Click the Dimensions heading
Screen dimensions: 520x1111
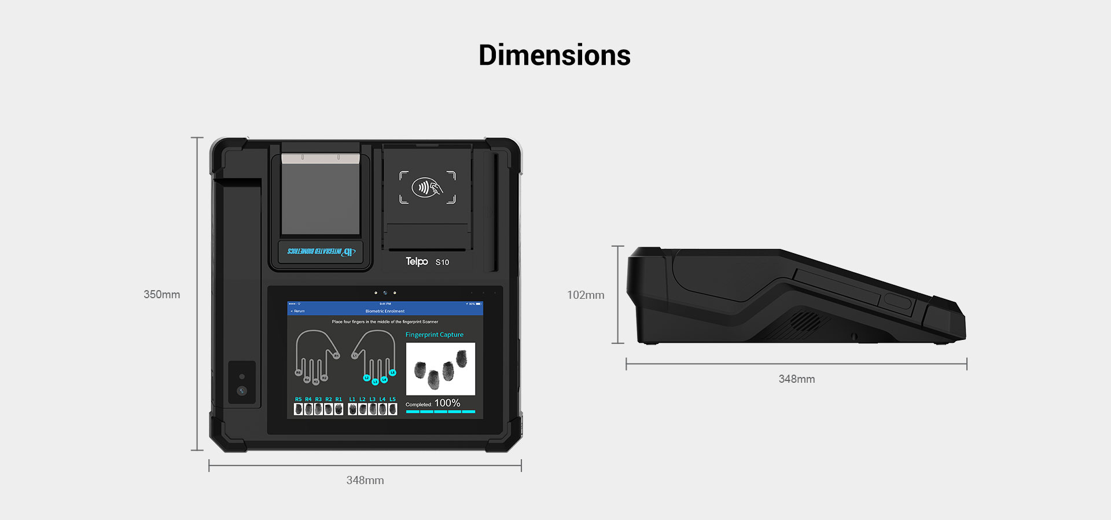[x=554, y=56]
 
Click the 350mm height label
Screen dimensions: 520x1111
[x=162, y=295]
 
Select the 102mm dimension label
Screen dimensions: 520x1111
[x=586, y=295]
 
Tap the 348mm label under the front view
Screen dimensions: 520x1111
[x=365, y=481]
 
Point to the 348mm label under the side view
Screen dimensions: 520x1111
[x=797, y=379]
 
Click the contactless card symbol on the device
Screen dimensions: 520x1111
[x=427, y=187]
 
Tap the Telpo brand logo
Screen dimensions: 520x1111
[x=417, y=262]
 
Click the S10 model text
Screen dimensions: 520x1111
[x=442, y=262]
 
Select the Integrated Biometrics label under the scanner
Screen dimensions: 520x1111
[x=321, y=251]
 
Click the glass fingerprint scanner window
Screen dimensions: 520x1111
[x=321, y=197]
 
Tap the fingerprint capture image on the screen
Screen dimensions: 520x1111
[x=440, y=369]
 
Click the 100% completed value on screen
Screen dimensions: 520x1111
[x=447, y=403]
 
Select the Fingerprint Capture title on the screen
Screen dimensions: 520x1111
[x=434, y=335]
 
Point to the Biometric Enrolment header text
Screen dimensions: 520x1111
[x=385, y=311]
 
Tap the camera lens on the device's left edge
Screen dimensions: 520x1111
[x=242, y=391]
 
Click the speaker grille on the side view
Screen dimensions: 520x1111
[x=805, y=320]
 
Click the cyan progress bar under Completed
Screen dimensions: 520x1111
[x=440, y=412]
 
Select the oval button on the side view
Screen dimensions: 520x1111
[x=897, y=301]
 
